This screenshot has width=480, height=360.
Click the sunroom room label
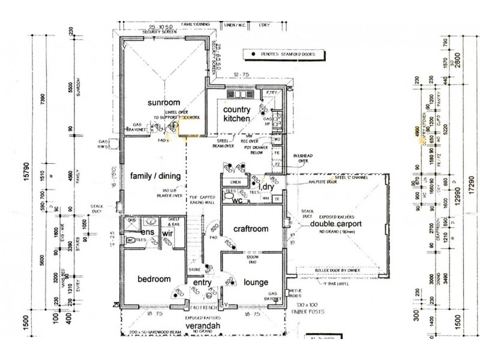(148, 103)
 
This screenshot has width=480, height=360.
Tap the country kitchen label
(236, 115)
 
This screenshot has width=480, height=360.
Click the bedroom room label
(154, 280)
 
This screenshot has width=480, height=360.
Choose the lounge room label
(255, 283)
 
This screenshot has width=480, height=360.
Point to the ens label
(146, 232)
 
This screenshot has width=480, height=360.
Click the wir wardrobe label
(169, 232)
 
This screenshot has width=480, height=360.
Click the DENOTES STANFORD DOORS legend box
(281, 55)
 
